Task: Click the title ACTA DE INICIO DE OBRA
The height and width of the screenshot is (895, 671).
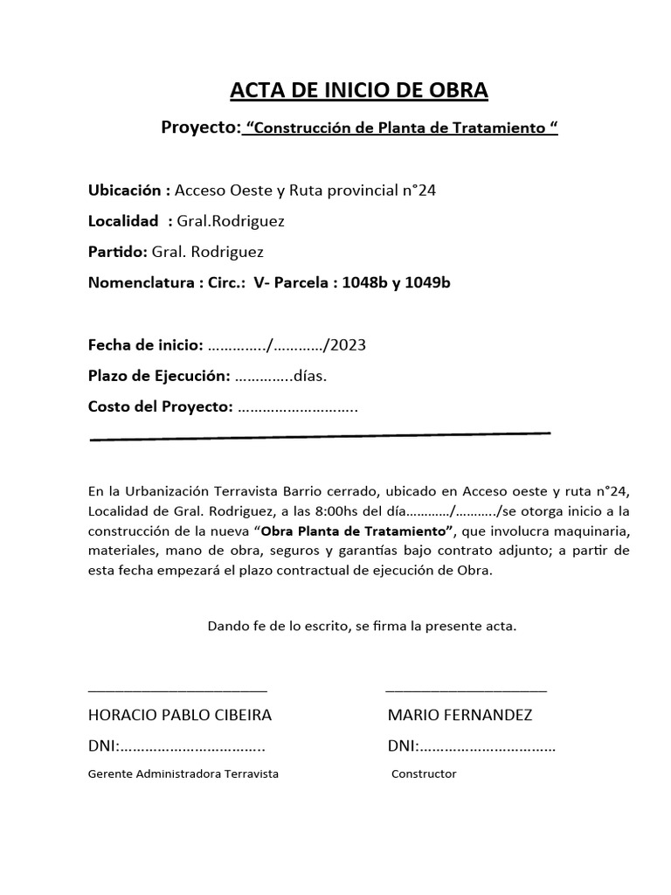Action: [x=359, y=90]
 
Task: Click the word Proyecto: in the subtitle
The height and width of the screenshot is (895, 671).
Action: [x=201, y=128]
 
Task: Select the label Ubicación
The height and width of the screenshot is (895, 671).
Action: [x=128, y=190]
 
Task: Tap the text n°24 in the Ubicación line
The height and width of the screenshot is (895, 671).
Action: [x=416, y=190]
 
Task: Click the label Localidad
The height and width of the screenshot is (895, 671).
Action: [x=123, y=220]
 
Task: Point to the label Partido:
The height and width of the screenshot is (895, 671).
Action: [x=118, y=252]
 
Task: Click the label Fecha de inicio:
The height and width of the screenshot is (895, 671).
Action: [x=146, y=344]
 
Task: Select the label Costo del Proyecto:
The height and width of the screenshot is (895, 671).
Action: [x=160, y=406]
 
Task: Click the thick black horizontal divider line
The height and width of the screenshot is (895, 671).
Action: [x=320, y=434]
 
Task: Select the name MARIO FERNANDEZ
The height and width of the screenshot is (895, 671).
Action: [x=460, y=715]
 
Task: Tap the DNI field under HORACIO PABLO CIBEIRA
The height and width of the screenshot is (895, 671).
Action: [x=176, y=746]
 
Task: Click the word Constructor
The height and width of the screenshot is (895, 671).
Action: [x=424, y=774]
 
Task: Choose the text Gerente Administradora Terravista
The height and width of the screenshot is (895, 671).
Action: [x=183, y=774]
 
